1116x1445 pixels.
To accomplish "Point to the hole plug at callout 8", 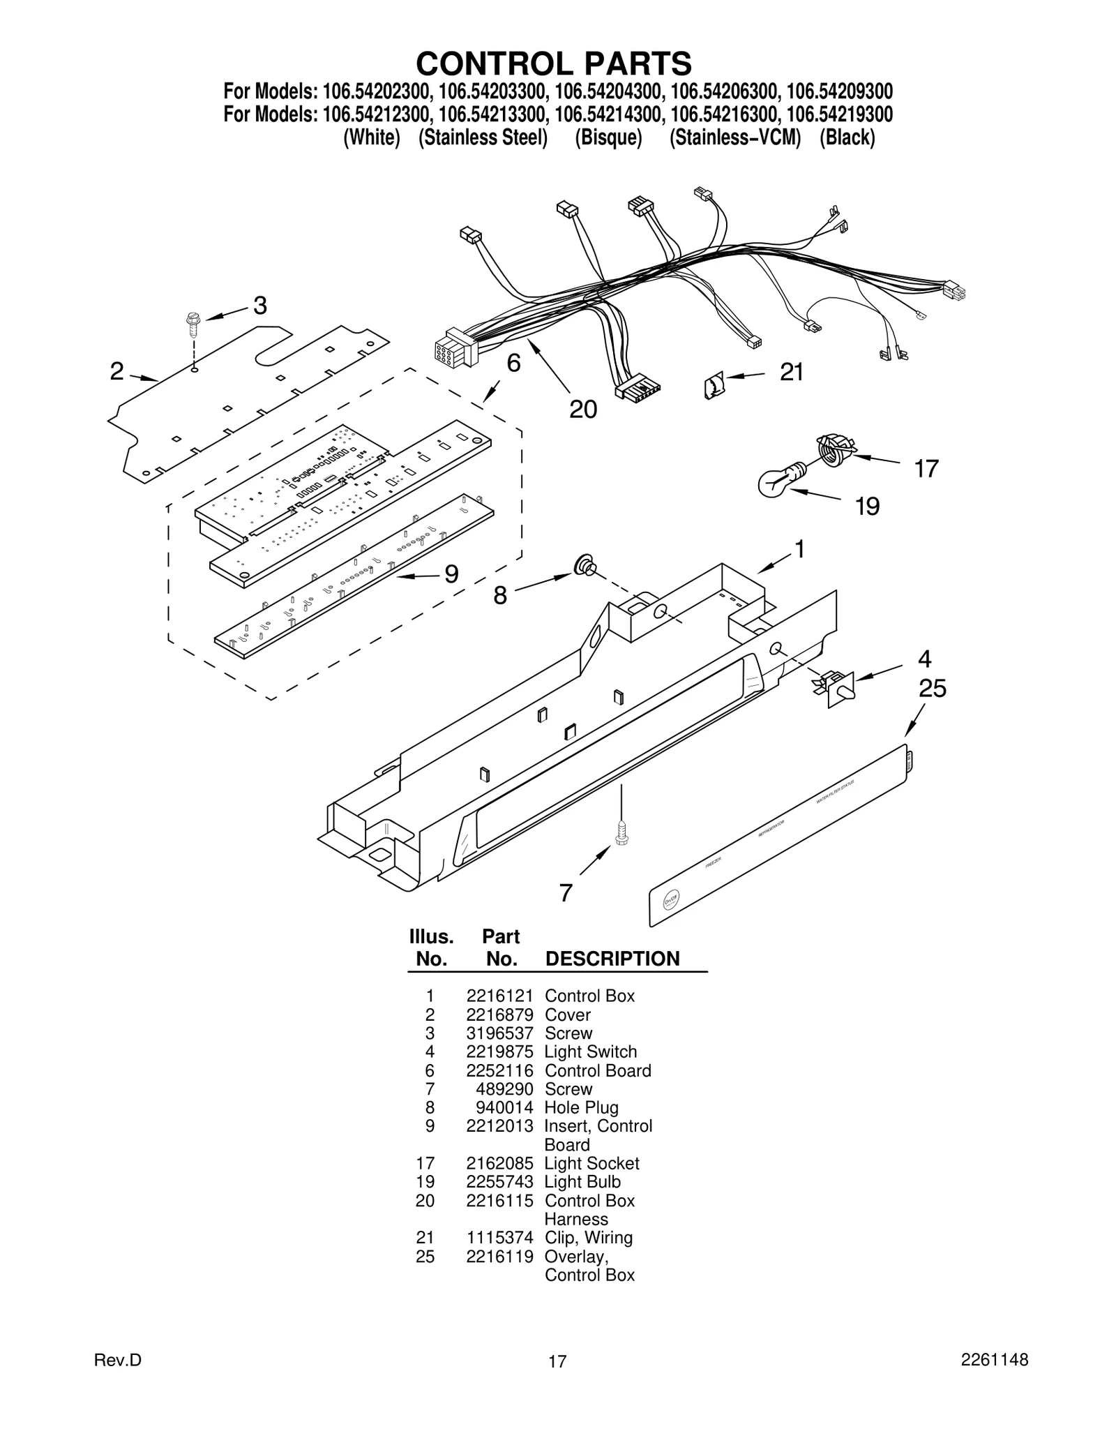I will click(x=584, y=566).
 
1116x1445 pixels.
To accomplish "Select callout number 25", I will click(x=932, y=689).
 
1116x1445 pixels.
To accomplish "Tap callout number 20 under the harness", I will click(x=583, y=409).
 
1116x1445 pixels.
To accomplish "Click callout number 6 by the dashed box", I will click(x=513, y=363).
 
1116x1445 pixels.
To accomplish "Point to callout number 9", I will click(x=451, y=574).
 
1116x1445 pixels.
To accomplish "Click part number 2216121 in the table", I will click(x=499, y=996).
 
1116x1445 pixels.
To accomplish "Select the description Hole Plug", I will click(x=581, y=1107).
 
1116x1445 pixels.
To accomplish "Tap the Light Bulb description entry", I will click(x=582, y=1182).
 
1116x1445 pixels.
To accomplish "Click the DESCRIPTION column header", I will click(x=612, y=959).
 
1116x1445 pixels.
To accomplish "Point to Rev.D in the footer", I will click(x=117, y=1361).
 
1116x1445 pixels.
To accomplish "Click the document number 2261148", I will click(x=994, y=1360).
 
